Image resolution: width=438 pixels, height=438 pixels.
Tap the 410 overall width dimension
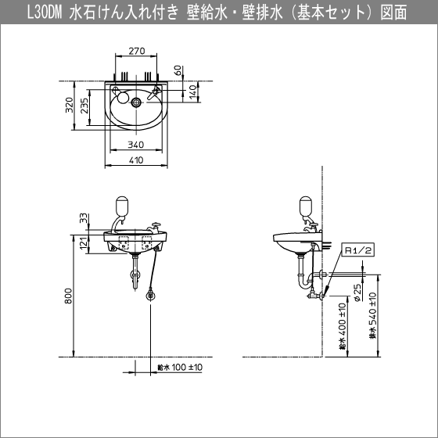pos(137,161)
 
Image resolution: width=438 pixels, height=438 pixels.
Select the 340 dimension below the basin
pos(137,145)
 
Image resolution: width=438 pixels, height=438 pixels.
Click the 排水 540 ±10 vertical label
pos(376,313)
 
